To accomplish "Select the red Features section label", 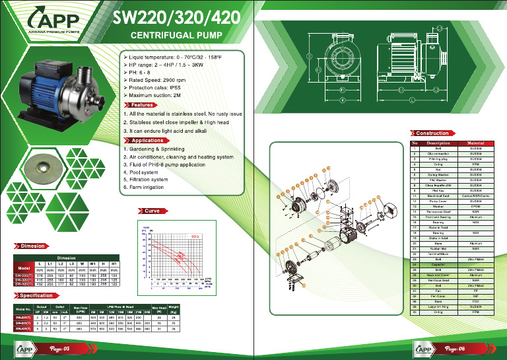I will (142, 105).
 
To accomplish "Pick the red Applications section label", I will (147, 141).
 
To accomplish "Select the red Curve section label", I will (151, 211).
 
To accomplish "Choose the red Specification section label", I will (36, 296).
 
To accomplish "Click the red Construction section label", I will (432, 133).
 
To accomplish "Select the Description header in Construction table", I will (438, 143).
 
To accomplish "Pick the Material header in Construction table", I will (475, 143).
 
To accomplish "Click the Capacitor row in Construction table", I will (438, 264).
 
